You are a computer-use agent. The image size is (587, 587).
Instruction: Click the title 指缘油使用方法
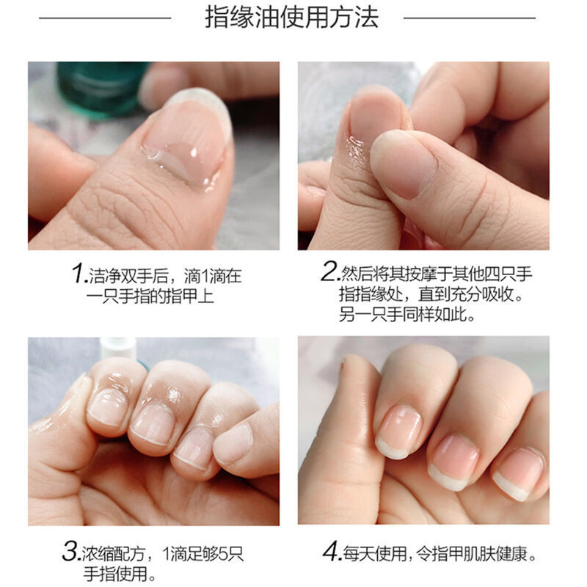click(291, 18)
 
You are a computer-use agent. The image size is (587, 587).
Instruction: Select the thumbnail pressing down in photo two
click(404, 164)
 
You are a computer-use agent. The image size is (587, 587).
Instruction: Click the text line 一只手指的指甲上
click(150, 296)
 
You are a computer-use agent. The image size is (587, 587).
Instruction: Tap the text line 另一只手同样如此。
click(407, 315)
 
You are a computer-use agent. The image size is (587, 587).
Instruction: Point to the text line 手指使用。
click(120, 574)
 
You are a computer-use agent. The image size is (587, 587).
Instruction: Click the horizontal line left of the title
click(105, 18)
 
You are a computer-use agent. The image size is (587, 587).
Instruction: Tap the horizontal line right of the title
click(470, 18)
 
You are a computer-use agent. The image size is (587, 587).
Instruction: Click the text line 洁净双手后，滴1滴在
click(164, 276)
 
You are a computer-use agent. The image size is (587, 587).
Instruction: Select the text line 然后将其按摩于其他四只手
click(436, 274)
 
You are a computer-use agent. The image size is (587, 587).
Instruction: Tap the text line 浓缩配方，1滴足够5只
click(163, 554)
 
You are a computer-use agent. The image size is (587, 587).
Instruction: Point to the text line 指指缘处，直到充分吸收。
click(431, 294)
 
